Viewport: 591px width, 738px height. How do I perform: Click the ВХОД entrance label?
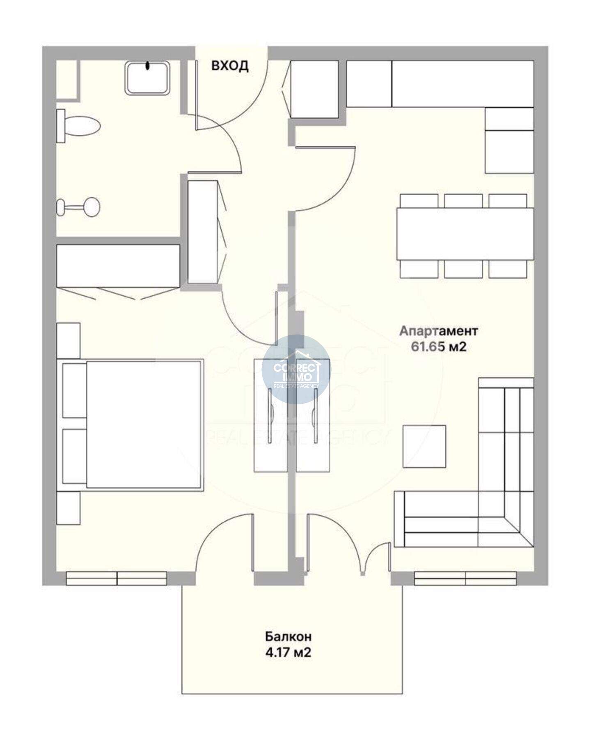pos(230,66)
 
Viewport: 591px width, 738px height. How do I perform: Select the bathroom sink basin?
pos(147,78)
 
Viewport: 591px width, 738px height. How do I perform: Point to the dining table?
pos(465,233)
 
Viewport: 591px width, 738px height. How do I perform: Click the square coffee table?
pos(424,446)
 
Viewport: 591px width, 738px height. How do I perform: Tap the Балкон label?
pos(288,637)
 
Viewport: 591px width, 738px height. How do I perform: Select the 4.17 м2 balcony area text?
pos(288,652)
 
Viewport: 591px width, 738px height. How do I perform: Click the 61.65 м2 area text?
pos(439,347)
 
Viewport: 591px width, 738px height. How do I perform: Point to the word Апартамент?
pos(439,330)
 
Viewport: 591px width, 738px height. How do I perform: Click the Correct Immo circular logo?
pos(296,369)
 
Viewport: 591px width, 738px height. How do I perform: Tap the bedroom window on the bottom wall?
pos(117,578)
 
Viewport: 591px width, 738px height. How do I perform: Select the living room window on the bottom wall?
pos(465,578)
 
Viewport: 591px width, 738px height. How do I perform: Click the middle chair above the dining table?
pos(463,201)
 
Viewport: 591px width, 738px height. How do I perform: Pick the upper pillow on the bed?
pos(74,390)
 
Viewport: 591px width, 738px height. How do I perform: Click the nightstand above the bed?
pos(68,341)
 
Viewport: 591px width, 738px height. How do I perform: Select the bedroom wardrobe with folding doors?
pos(118,266)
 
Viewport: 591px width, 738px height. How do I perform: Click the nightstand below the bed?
pos(68,508)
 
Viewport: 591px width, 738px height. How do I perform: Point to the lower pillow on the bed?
pos(74,456)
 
